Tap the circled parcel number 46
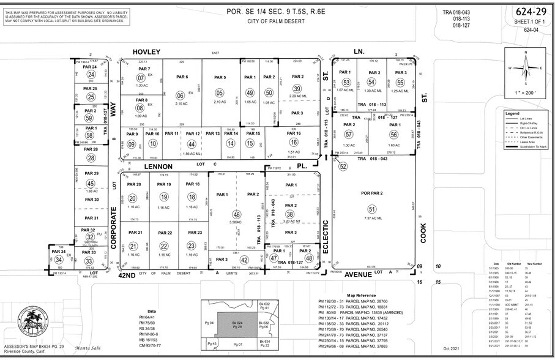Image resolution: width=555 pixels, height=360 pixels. click(236, 215)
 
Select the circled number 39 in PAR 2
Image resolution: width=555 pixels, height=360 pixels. click(297, 89)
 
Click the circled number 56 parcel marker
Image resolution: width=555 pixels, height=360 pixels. click(393, 135)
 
